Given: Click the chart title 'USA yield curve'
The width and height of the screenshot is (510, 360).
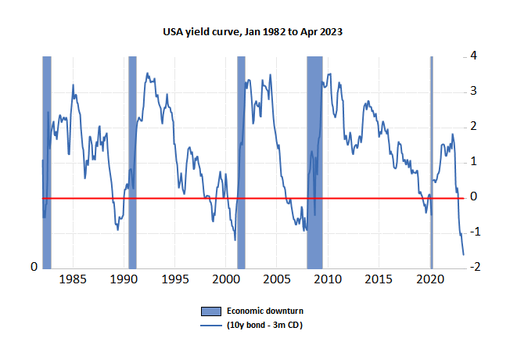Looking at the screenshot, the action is (201, 32).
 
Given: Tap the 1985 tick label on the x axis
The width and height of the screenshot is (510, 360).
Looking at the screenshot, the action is (73, 279).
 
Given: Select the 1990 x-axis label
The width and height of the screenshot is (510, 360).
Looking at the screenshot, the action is (124, 279).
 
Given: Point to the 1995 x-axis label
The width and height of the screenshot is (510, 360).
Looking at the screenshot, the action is (174, 279).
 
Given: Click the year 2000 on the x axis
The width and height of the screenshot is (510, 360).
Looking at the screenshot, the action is (226, 279).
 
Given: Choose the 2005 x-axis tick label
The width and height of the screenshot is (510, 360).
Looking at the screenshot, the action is (277, 279).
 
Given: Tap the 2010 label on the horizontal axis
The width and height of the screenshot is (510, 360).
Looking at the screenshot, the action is (328, 279).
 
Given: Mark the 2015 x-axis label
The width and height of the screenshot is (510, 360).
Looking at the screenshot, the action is (379, 279).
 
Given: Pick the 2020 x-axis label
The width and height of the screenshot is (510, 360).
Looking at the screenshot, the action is (430, 279).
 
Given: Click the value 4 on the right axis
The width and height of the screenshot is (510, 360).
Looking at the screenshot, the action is (473, 56).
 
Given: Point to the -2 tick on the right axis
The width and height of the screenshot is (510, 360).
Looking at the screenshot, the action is (475, 267).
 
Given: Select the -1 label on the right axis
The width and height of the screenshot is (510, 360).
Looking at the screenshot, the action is (475, 232).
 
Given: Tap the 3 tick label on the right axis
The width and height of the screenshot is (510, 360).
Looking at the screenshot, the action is (473, 91).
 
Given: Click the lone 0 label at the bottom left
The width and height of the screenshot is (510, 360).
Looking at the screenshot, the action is (34, 267).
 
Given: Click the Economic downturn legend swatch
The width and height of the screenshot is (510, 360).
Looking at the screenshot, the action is (211, 311).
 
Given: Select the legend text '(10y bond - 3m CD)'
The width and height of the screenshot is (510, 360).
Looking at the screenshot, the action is (264, 325).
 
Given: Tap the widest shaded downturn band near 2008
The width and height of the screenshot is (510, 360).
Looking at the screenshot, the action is (315, 163).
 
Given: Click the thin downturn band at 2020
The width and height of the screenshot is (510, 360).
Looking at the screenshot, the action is (432, 163).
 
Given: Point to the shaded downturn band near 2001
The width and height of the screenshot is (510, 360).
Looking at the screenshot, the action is (241, 163).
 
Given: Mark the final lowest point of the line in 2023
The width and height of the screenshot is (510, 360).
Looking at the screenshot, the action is (464, 255).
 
